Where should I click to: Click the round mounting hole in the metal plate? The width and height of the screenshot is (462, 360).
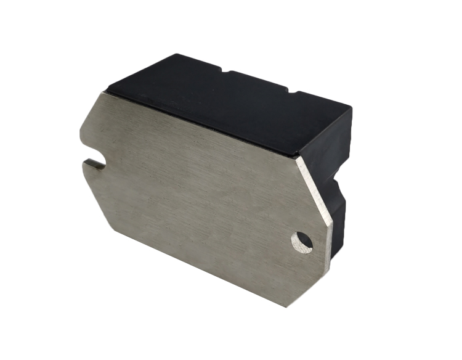302,242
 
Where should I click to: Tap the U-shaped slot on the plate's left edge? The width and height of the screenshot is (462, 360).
94,163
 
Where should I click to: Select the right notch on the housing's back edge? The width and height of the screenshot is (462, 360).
289,92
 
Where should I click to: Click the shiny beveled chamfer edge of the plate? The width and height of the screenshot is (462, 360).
314,191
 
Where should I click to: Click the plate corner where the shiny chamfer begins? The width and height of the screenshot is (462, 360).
297,158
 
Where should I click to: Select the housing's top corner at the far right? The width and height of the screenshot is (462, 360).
351,108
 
